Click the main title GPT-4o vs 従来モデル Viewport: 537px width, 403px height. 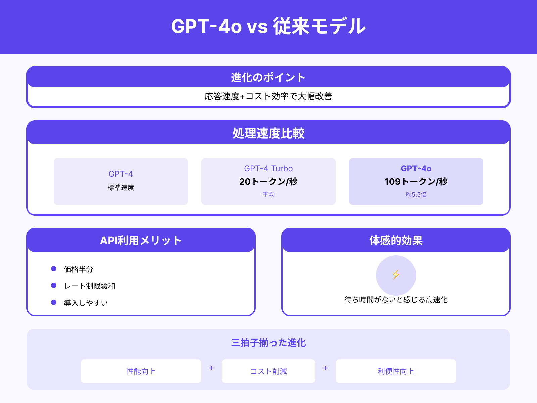(268, 26)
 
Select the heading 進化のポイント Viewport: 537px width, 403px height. (268, 78)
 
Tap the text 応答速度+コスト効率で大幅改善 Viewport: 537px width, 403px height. (268, 96)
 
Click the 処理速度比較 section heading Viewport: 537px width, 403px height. (268, 133)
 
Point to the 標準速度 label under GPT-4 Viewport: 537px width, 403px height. (121, 188)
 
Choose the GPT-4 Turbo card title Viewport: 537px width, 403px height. (268, 169)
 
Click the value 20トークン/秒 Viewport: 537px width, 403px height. (268, 182)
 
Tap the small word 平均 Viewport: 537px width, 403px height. (268, 194)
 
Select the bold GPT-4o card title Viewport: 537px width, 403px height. (416, 169)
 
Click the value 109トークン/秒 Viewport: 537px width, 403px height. (416, 182)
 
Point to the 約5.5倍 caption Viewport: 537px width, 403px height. (416, 194)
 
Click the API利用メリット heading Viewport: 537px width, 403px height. (141, 241)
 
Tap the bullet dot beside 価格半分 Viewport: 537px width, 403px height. (54, 269)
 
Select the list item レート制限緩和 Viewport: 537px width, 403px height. (90, 286)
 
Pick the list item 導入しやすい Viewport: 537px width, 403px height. (86, 303)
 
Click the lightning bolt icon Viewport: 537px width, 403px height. (396, 275)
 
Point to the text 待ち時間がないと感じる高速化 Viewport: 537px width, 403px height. (396, 300)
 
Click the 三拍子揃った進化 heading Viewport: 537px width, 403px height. (268, 343)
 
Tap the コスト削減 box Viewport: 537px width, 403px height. (268, 371)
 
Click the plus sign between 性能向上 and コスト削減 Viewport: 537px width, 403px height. (211, 368)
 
